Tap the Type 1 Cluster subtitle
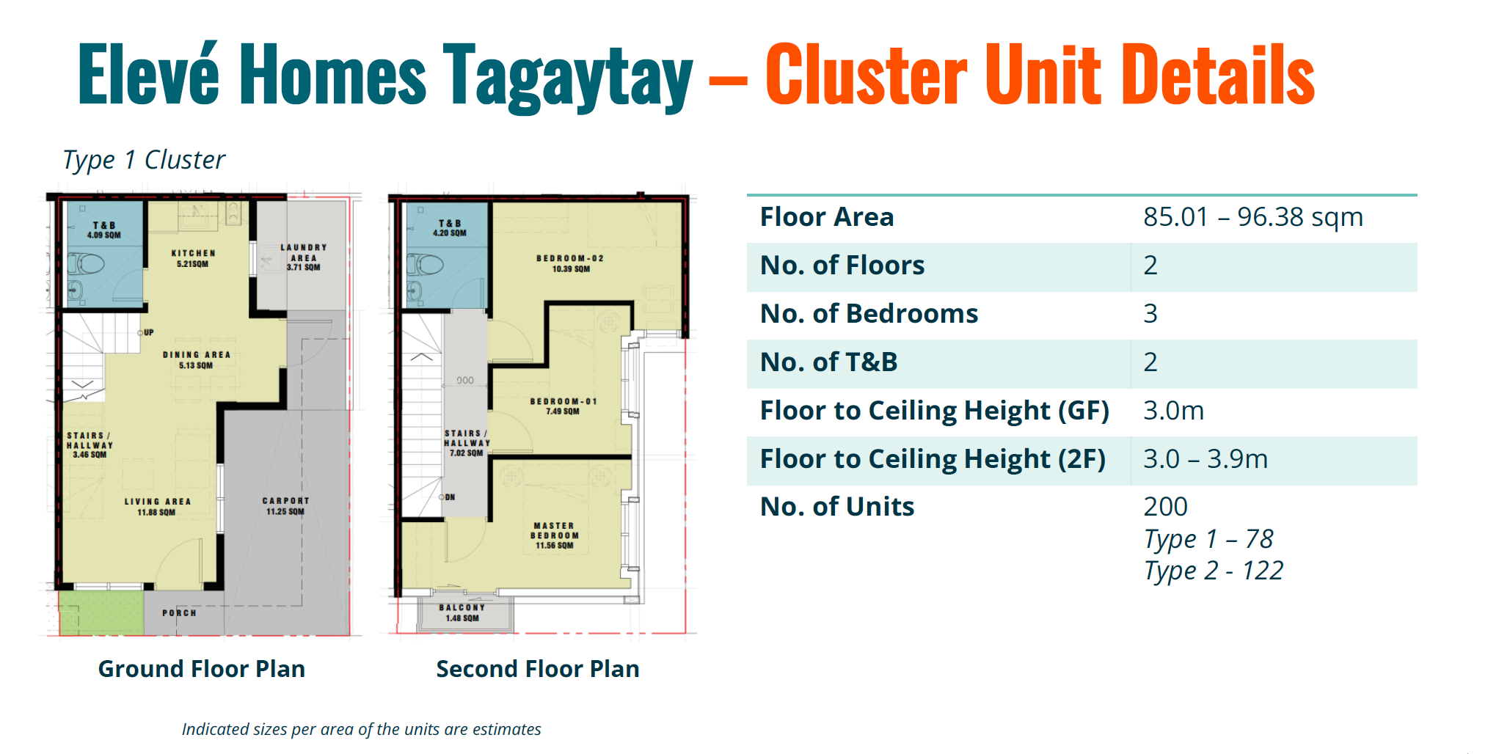pos(144,160)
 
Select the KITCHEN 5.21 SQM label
pos(193,258)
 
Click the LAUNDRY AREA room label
pos(303,257)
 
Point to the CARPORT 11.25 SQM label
pos(285,506)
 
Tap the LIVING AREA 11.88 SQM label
pos(157,507)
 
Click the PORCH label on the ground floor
pos(179,613)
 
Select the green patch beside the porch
pos(101,612)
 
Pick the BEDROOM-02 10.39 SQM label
pos(570,263)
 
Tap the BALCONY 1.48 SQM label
pos(462,612)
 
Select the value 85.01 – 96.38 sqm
pos(1252,217)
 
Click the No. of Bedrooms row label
pos(869,314)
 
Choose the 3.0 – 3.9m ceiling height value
pos(1205,459)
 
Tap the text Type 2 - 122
pos(1214,571)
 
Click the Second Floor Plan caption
pos(538,669)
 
